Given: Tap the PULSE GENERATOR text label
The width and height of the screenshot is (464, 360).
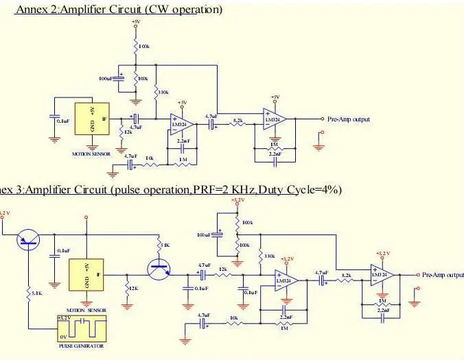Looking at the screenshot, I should (x=81, y=346).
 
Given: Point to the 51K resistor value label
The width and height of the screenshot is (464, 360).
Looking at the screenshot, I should (x=163, y=245).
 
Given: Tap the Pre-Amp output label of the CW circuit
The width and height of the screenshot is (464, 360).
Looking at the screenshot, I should (x=349, y=119).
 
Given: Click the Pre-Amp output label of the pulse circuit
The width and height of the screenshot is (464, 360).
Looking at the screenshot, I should (x=443, y=275).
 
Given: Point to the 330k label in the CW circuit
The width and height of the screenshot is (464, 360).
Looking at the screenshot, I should (x=163, y=91).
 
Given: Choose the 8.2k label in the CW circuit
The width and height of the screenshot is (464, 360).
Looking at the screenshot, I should (x=239, y=120).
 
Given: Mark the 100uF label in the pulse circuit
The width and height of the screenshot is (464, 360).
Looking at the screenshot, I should (x=204, y=235).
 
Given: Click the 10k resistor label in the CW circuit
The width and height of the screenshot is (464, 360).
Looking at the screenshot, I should (x=150, y=159).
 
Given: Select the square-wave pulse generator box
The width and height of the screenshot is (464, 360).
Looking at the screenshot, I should (x=82, y=329).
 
